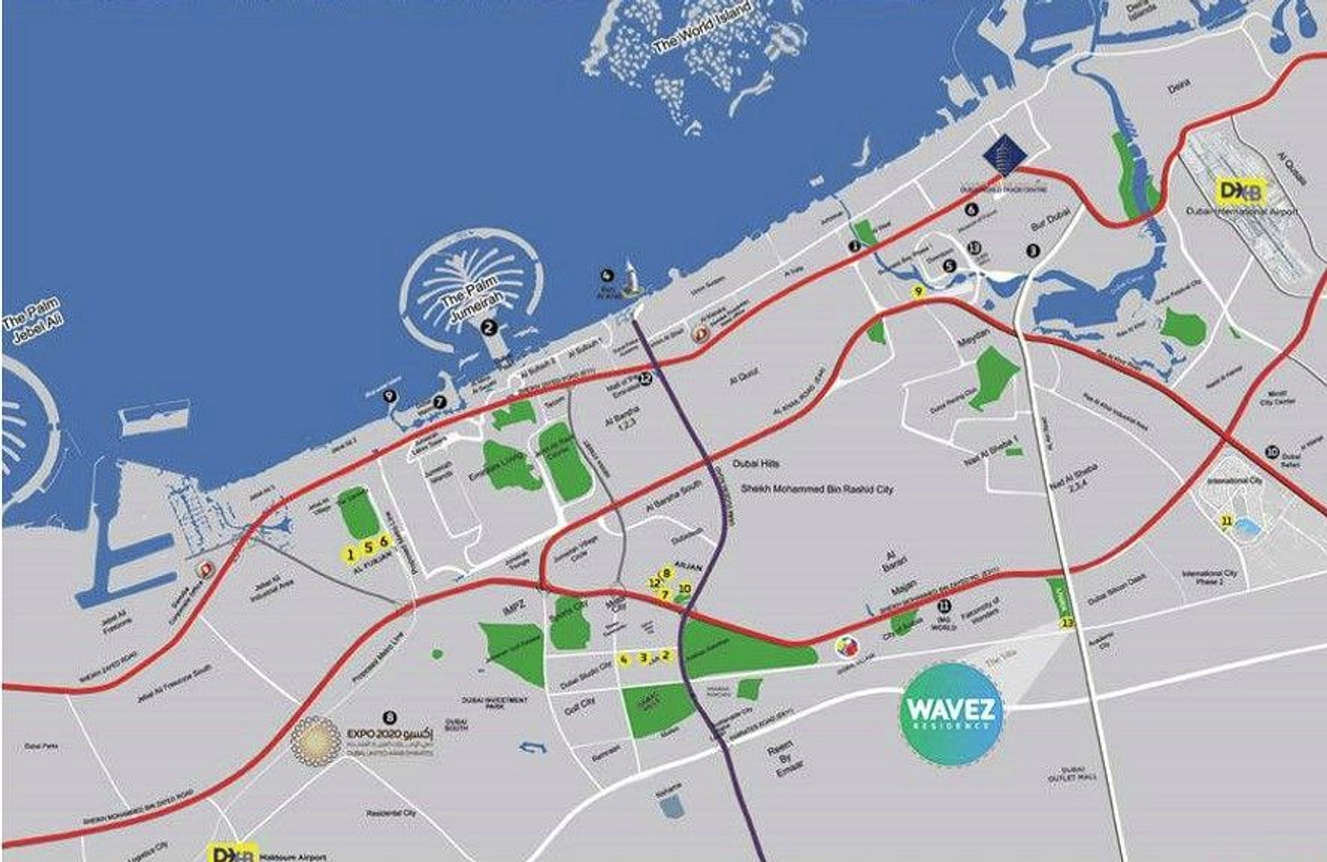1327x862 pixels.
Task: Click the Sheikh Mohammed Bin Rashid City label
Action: pyautogui.click(x=817, y=489)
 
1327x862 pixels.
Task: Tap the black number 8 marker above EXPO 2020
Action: pyautogui.click(x=388, y=715)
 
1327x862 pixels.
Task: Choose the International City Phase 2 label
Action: pyautogui.click(x=1209, y=577)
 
